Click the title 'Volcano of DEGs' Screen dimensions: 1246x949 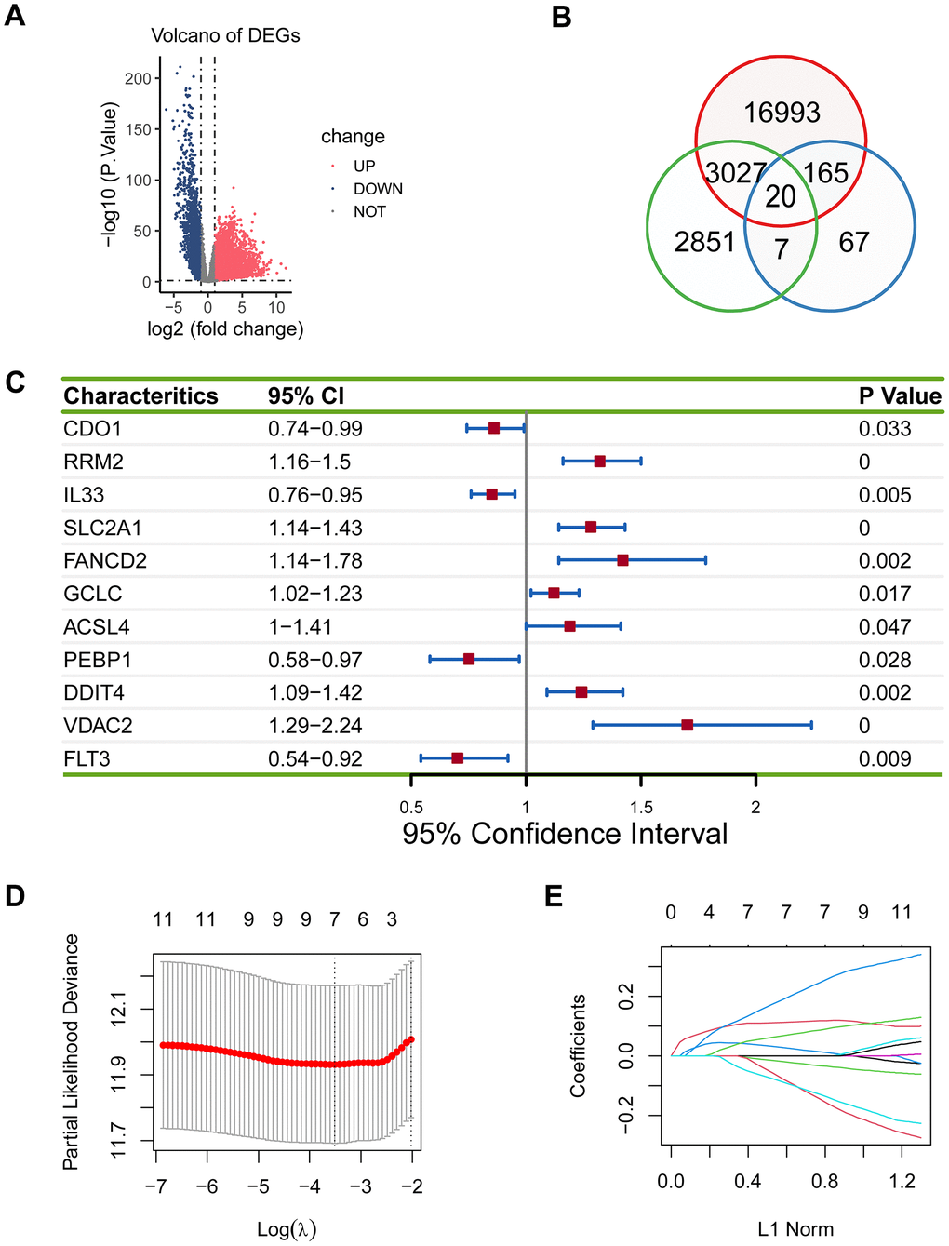coord(225,35)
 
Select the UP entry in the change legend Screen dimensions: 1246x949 coord(364,166)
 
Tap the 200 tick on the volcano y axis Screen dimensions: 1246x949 coord(138,78)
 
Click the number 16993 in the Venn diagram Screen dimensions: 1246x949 coord(782,113)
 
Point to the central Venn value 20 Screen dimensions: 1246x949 coord(781,196)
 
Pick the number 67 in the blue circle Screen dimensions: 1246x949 coord(853,242)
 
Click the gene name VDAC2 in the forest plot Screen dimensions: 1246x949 coord(98,726)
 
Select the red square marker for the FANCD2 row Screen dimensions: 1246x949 coord(622,560)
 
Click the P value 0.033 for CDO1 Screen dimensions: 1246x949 coord(885,429)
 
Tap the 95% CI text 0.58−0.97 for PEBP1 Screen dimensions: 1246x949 coord(315,660)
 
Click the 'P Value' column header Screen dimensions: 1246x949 coord(900,396)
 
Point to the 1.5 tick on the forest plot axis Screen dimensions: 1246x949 coord(641,807)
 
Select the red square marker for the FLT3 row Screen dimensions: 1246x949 coord(457,758)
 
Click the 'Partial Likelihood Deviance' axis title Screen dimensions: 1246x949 coord(71,1052)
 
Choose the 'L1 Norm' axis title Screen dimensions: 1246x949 coord(795,1229)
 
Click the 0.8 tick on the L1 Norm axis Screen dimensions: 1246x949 coord(824,1182)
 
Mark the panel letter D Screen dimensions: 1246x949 coord(15,895)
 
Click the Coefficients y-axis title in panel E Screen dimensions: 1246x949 coord(578,1045)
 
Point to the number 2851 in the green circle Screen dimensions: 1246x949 coord(704,242)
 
